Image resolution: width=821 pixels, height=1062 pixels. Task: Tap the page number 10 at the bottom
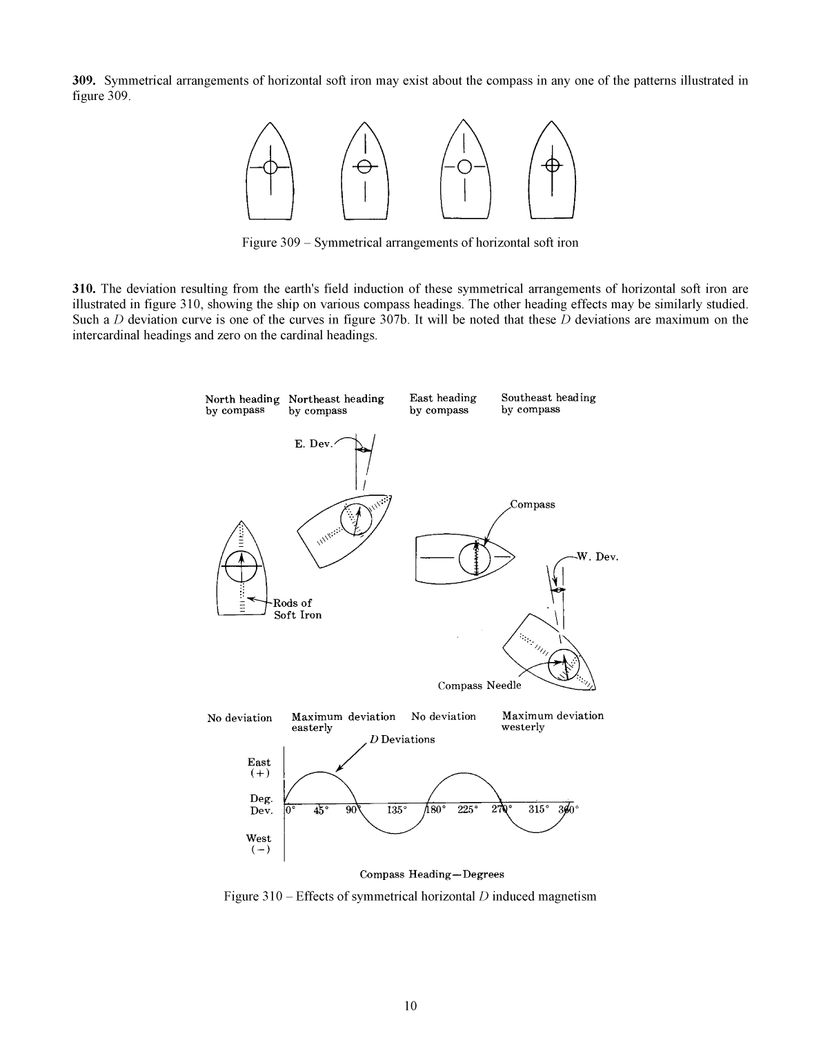(x=410, y=1005)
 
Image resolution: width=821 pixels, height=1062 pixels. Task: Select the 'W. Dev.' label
(x=597, y=557)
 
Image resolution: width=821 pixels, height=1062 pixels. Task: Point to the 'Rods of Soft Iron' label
(x=297, y=609)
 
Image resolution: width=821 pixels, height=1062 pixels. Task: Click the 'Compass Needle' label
(x=479, y=685)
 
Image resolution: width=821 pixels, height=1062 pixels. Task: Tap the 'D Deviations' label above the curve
(x=402, y=739)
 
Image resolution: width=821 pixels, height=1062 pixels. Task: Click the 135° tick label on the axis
(x=397, y=810)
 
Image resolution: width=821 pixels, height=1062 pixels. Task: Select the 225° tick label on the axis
(x=468, y=810)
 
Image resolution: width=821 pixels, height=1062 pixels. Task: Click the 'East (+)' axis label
(x=259, y=768)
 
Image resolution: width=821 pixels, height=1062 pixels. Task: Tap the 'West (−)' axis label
(x=259, y=844)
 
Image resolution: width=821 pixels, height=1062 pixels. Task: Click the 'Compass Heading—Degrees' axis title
(x=432, y=874)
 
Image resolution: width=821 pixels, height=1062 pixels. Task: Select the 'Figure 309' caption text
(x=410, y=243)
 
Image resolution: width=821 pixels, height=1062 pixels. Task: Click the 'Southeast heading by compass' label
(x=548, y=403)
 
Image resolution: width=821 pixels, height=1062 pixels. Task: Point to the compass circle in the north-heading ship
(x=241, y=565)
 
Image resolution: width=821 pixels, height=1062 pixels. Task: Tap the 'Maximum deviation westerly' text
(x=552, y=721)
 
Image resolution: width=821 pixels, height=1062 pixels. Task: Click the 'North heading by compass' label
(x=242, y=405)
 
